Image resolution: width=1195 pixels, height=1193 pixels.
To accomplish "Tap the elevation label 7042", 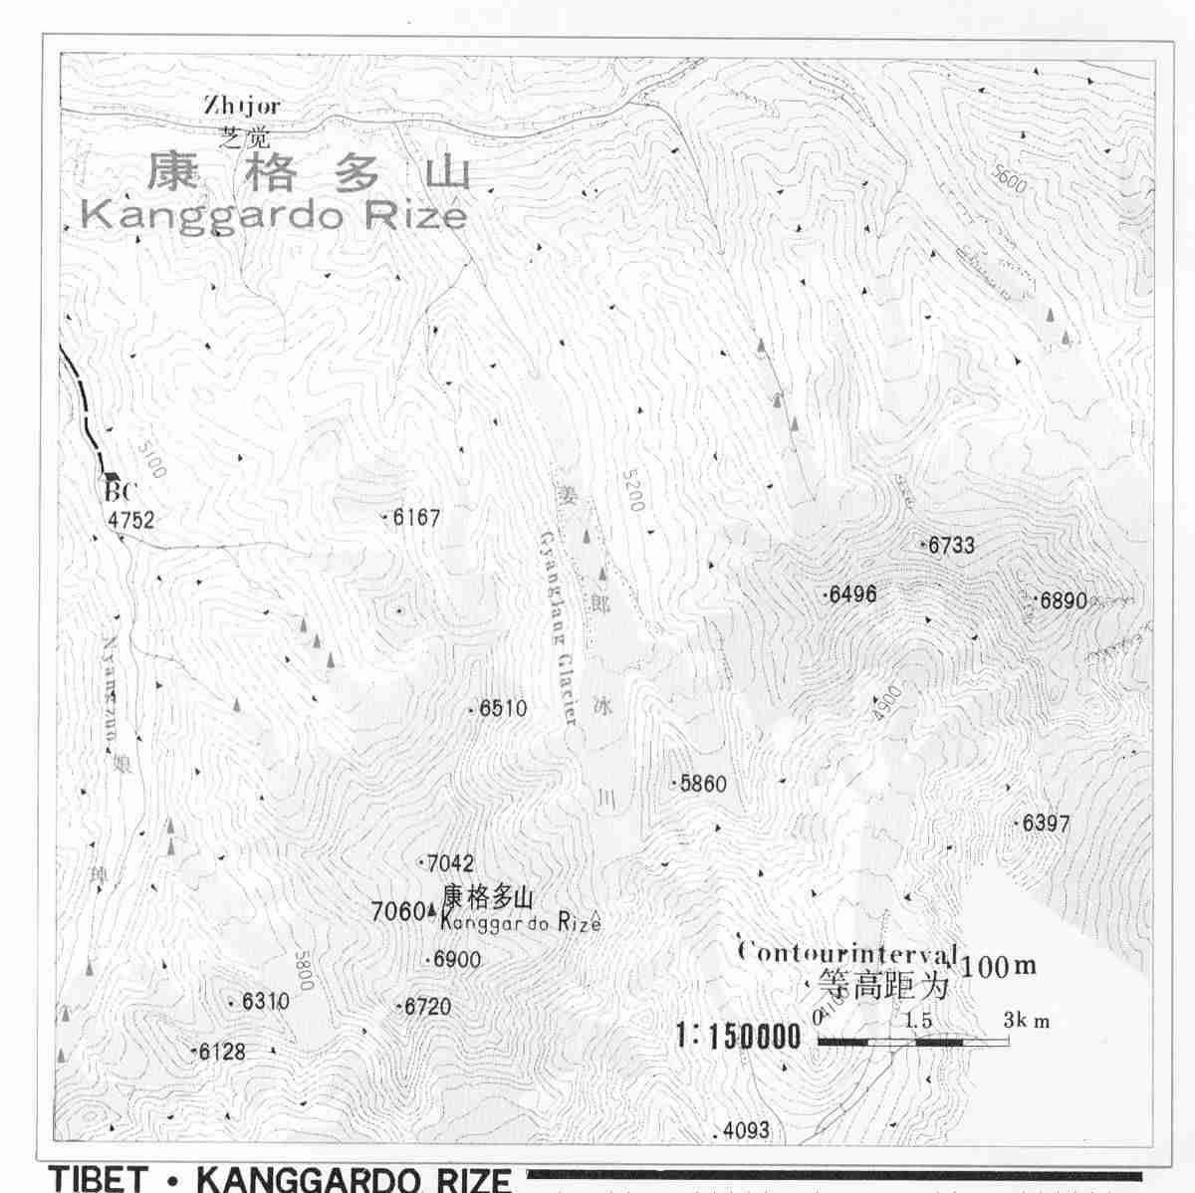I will pyautogui.click(x=449, y=863).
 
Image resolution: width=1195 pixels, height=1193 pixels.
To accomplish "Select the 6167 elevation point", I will pyautogui.click(x=415, y=518).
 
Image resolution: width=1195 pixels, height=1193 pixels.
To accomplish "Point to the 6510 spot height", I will pyautogui.click(x=503, y=709).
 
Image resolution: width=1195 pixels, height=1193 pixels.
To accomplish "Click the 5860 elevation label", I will pyautogui.click(x=703, y=784).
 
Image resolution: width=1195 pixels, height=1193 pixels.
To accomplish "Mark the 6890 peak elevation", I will pyautogui.click(x=1063, y=600).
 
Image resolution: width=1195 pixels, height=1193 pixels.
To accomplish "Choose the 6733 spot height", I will pyautogui.click(x=951, y=546).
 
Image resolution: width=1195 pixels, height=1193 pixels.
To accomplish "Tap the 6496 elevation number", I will pyautogui.click(x=852, y=595).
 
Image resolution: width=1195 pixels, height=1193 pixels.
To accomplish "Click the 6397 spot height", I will pyautogui.click(x=1046, y=824).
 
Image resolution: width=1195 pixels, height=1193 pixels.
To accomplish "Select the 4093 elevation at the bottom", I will pyautogui.click(x=746, y=1130).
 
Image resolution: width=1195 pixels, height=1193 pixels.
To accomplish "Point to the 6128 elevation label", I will pyautogui.click(x=221, y=1052).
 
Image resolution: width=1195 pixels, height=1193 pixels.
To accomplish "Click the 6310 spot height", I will pyautogui.click(x=265, y=1002).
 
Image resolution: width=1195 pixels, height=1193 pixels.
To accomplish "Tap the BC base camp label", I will pyautogui.click(x=119, y=491).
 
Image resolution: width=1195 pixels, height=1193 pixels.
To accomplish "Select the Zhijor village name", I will pyautogui.click(x=242, y=105).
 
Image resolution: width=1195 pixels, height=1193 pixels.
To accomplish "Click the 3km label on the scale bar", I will pyautogui.click(x=1026, y=1021).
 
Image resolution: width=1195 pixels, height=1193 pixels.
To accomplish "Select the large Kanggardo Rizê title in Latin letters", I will pyautogui.click(x=273, y=215).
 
